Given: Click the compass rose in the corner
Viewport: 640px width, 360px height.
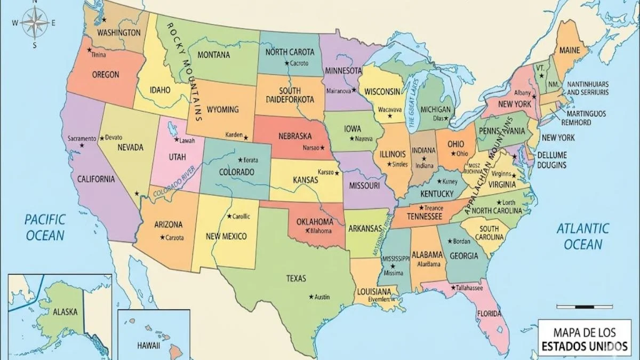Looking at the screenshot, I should [x=35, y=22].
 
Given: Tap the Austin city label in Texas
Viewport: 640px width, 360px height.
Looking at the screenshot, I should [x=322, y=297].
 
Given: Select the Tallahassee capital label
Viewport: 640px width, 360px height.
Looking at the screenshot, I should [x=470, y=287].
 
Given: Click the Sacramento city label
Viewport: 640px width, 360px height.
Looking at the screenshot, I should [x=82, y=139].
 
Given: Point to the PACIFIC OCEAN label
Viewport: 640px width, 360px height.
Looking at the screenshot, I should [x=45, y=227].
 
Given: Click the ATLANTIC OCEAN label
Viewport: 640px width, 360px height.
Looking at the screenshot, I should [x=582, y=237].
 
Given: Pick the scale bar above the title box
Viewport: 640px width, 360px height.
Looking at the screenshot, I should [x=584, y=307].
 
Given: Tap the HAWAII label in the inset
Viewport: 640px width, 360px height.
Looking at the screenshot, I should [x=148, y=346].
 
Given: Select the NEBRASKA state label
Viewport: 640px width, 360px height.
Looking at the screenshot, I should [x=295, y=136].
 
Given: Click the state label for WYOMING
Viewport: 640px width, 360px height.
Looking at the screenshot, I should [x=222, y=110].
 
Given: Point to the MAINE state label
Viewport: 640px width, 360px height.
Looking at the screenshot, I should [x=570, y=51].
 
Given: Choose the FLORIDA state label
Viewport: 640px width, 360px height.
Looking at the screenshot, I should [x=489, y=313].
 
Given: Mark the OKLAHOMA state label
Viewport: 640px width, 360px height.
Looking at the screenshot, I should [x=315, y=222].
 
